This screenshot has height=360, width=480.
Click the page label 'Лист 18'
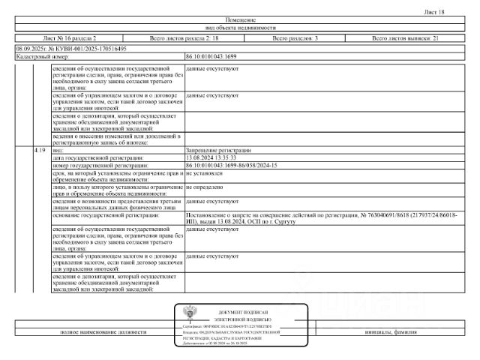tap(434, 12)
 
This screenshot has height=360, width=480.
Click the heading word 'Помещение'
tap(240, 19)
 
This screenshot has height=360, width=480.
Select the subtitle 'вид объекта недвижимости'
tap(240, 28)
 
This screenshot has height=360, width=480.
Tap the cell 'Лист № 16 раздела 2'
tap(70, 37)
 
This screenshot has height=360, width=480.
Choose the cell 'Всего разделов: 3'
tap(295, 37)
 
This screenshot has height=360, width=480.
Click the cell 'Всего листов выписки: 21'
tap(406, 37)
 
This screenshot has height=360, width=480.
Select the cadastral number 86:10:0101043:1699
tap(211, 56)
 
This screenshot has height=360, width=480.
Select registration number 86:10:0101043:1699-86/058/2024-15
tap(231, 164)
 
